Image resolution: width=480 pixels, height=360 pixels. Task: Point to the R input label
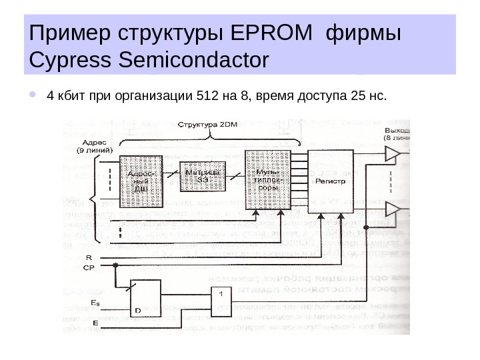89,256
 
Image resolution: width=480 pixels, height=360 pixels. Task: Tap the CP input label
89,267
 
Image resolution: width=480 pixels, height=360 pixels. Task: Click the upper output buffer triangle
393,155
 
